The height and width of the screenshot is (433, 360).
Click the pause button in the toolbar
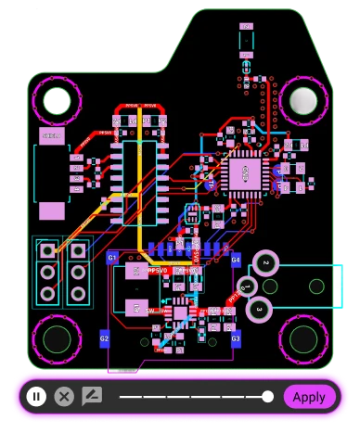pos(36,397)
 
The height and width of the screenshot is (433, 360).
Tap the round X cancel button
pos(63,397)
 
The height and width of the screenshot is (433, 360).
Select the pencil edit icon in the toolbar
pos(91,397)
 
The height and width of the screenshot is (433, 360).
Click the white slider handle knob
pos(268,397)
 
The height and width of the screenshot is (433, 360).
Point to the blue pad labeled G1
pos(112,257)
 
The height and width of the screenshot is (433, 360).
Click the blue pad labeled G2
pos(104,339)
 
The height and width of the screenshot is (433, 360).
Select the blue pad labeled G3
pos(236,339)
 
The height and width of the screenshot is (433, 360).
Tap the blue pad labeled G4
pos(236,261)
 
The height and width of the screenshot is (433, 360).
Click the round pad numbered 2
pos(266,264)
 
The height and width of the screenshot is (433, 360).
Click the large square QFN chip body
pos(246,171)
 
